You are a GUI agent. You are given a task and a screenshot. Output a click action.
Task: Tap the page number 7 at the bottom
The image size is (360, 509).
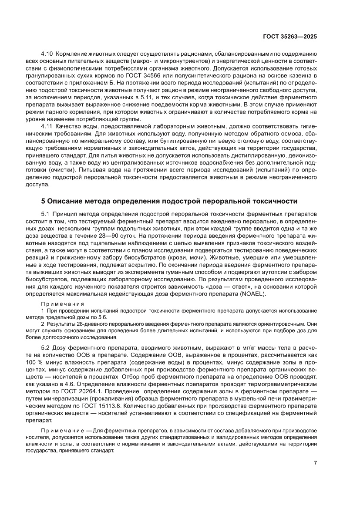[x=315, y=463]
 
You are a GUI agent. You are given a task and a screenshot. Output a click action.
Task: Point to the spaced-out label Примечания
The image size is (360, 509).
[x=62, y=304]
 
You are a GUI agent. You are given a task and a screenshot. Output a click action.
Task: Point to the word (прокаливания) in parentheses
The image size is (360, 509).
[x=109, y=399]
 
